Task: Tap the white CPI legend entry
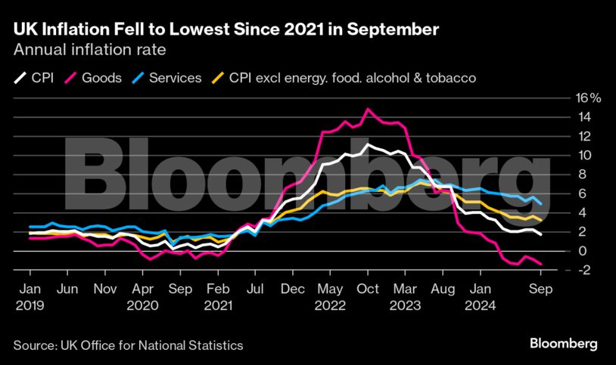(34, 77)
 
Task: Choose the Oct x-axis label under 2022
(368, 288)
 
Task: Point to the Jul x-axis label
(255, 288)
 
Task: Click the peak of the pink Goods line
(368, 110)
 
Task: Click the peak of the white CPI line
(368, 144)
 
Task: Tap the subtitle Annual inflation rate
(89, 50)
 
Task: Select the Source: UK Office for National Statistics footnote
(128, 345)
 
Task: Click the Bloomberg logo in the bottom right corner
(562, 344)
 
